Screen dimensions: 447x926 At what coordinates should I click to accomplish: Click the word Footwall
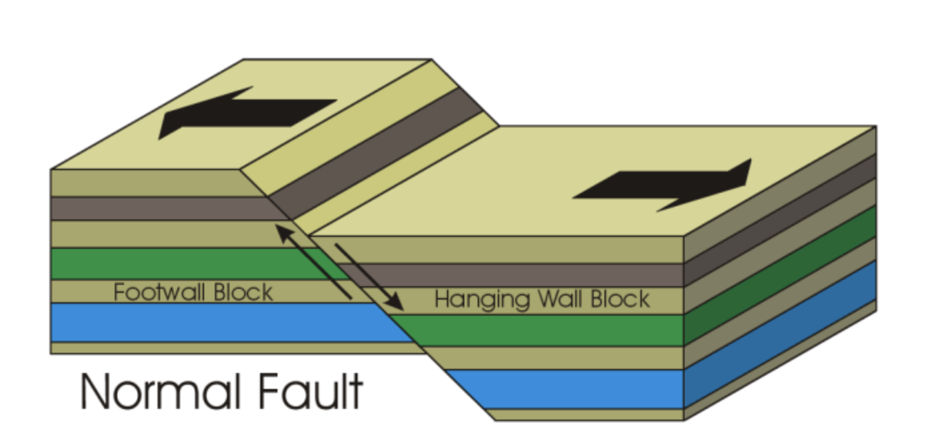[160, 292]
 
